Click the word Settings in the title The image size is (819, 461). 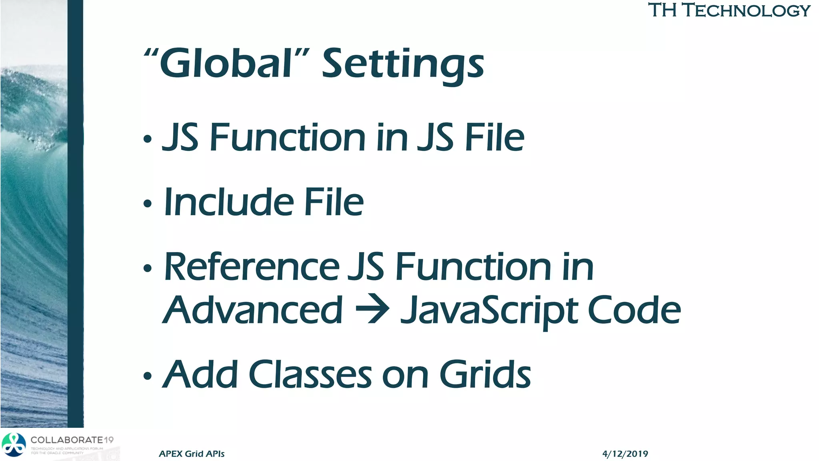(403, 65)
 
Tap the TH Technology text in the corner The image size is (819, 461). (729, 10)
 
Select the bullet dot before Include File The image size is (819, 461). (148, 204)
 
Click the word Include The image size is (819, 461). (228, 202)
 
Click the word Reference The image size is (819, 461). (252, 267)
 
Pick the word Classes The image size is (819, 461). (310, 375)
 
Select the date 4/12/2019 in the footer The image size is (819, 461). (625, 453)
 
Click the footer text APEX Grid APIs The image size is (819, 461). (192, 453)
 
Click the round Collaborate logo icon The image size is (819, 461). (14, 445)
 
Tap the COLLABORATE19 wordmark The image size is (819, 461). (72, 440)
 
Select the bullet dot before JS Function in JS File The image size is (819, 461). (148, 139)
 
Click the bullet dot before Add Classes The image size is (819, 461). (148, 376)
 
